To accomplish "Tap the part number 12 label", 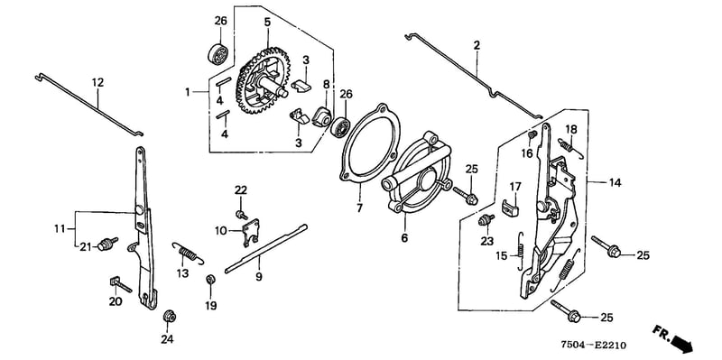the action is point(97,83).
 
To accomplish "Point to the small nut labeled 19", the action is point(210,280).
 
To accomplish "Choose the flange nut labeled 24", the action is point(169,317).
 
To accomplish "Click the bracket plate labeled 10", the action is point(251,232).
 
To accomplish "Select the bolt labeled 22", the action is point(241,214).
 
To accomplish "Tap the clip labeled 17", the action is point(510,208).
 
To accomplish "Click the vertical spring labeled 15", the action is point(521,250).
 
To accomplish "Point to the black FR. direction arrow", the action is point(682,343).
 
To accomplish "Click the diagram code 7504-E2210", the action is point(593,345).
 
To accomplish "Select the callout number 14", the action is point(615,183).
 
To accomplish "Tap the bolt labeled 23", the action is point(486,219).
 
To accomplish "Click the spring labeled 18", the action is point(569,147).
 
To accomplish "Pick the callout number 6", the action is point(405,239).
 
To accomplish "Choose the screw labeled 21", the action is point(106,245).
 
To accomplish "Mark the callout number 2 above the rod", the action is point(477,45).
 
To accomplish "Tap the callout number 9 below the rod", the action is point(259,277).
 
